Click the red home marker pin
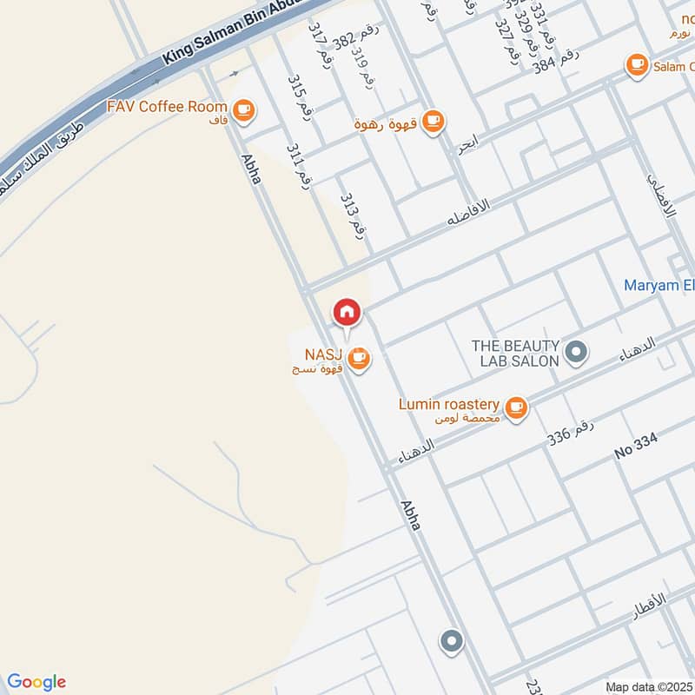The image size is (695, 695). tap(347, 312)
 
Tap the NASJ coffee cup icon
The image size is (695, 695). tap(359, 358)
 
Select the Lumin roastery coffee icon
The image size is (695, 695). tap(516, 407)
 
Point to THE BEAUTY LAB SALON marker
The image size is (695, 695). tap(575, 352)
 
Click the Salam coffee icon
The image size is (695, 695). tap(637, 63)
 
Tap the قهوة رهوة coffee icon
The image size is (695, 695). tap(434, 122)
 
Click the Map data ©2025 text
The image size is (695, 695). tap(647, 687)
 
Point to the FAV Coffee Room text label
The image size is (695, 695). tap(168, 107)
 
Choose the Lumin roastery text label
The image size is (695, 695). tap(448, 405)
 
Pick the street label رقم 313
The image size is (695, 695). tap(351, 217)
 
